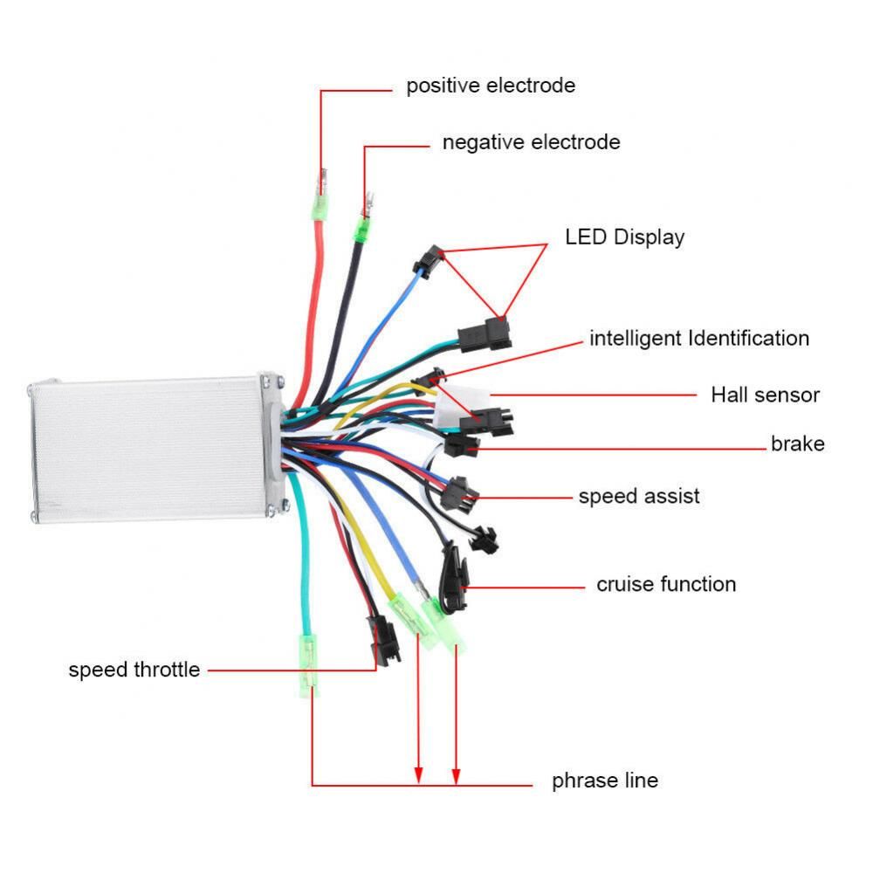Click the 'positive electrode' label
pos(491,86)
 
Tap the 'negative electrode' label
pos(531,142)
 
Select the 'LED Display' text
pos(624,237)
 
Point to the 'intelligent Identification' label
pos(699,338)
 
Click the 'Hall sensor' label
pos(765,395)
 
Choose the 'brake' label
pos(797,443)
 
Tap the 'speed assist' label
pos(639,497)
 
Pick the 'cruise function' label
pos(666,584)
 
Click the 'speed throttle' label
pos(134,670)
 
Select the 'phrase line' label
pos(605,780)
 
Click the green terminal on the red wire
pos(322,208)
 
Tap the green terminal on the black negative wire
pos(361,227)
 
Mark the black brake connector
pos(459,445)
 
